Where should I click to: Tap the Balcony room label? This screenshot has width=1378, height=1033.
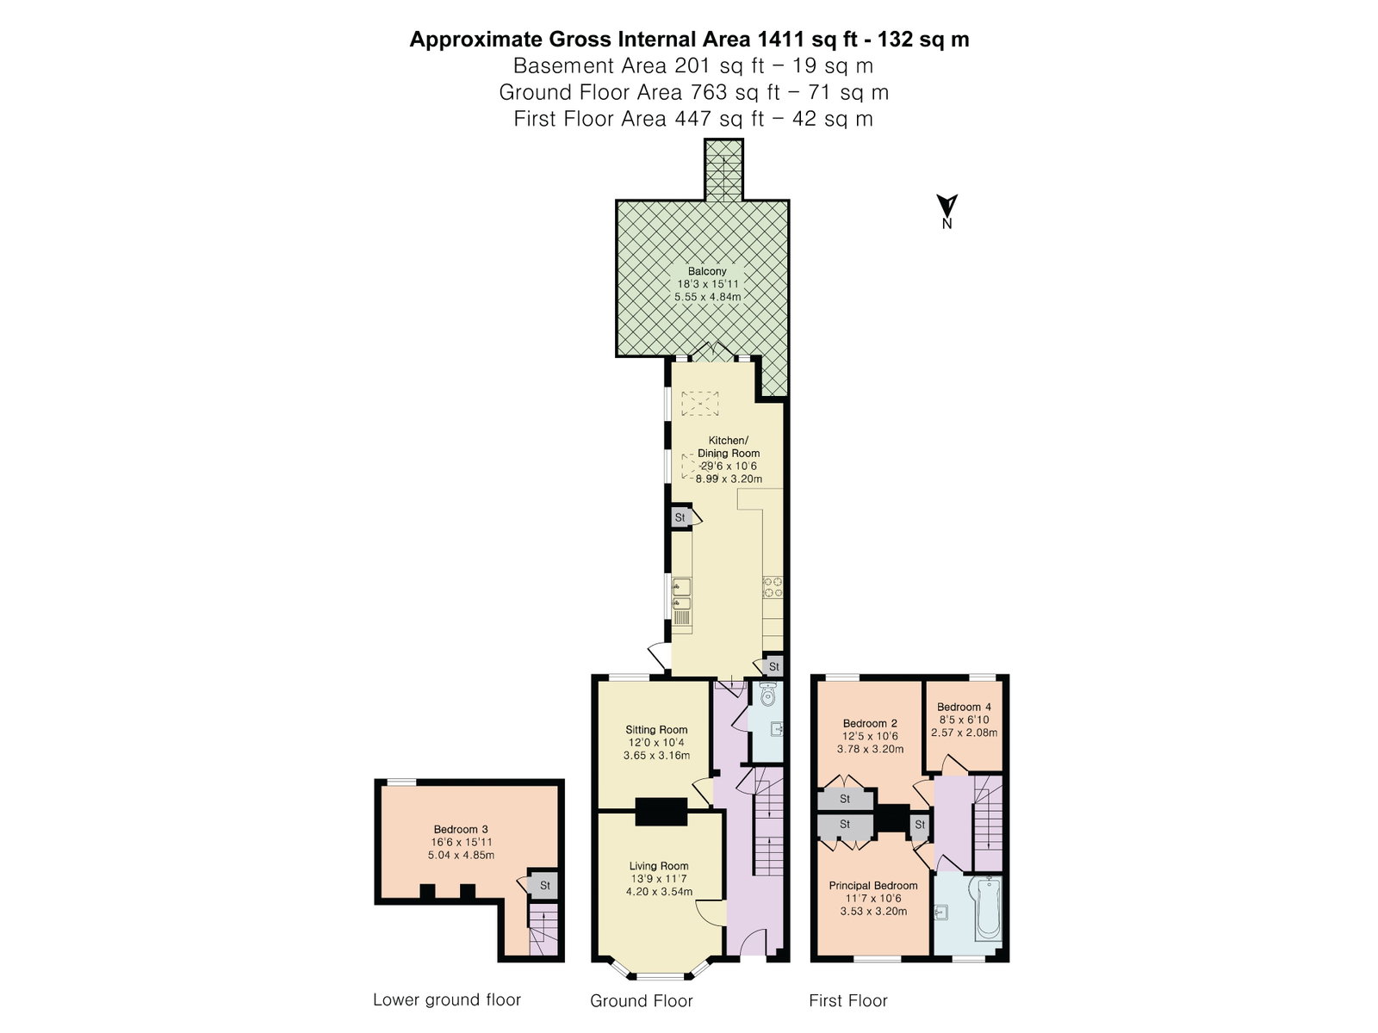click(707, 271)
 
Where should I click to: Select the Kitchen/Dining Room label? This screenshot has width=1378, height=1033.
click(729, 447)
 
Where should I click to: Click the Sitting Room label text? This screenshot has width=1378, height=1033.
click(656, 729)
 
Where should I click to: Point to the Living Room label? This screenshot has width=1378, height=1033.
click(659, 866)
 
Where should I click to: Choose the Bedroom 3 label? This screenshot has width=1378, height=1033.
click(461, 829)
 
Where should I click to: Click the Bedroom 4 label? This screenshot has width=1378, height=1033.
click(964, 707)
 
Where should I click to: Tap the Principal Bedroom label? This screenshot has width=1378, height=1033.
click(873, 886)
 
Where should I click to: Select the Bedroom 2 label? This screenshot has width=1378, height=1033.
click(870, 723)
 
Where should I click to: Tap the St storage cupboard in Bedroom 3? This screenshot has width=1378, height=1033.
click(544, 886)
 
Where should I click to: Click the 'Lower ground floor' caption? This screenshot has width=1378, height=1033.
click(447, 999)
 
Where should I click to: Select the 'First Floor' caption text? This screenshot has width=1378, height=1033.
click(848, 1000)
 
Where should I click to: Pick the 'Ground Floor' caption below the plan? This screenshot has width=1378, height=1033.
click(641, 1000)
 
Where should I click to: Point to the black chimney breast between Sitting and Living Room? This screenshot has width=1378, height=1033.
click(661, 812)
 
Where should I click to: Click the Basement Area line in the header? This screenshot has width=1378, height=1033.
click(693, 65)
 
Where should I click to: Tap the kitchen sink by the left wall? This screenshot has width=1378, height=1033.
click(682, 595)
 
